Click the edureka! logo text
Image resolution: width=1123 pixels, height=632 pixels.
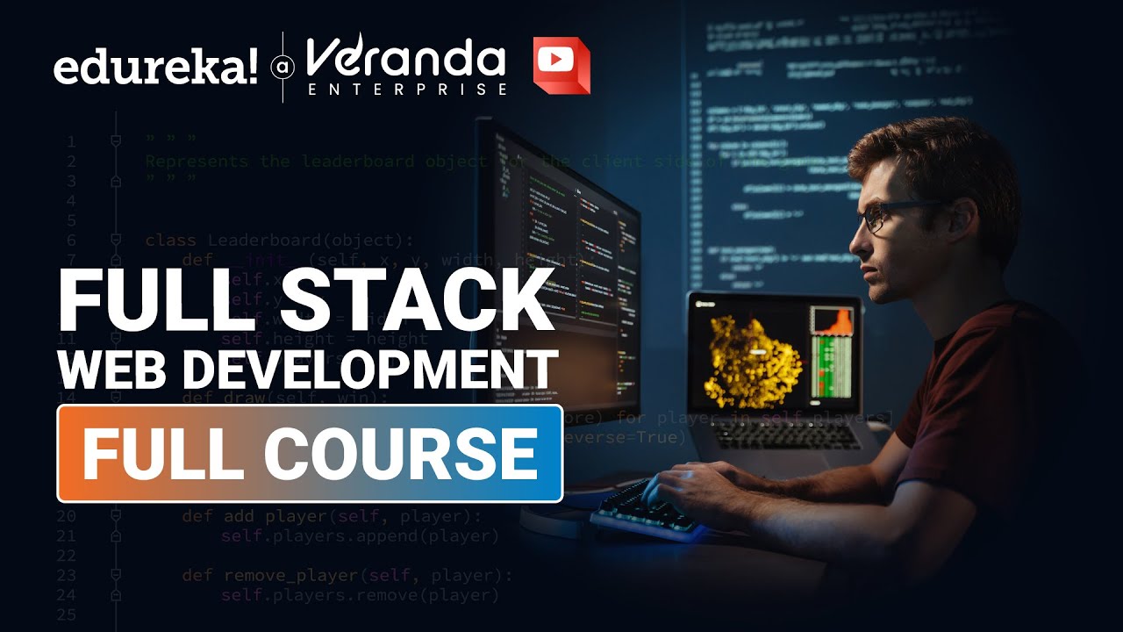coord(156,68)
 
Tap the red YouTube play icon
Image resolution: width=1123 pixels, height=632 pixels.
coord(561,65)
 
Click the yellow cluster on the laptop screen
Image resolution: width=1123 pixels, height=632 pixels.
coord(753,361)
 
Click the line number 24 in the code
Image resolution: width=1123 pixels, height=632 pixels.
coord(66,595)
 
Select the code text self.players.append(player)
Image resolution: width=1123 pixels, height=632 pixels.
coord(360,535)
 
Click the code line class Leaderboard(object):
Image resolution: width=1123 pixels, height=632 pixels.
coord(278,240)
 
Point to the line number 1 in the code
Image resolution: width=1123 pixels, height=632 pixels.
coord(70,141)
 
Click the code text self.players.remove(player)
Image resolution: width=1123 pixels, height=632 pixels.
coord(360,595)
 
